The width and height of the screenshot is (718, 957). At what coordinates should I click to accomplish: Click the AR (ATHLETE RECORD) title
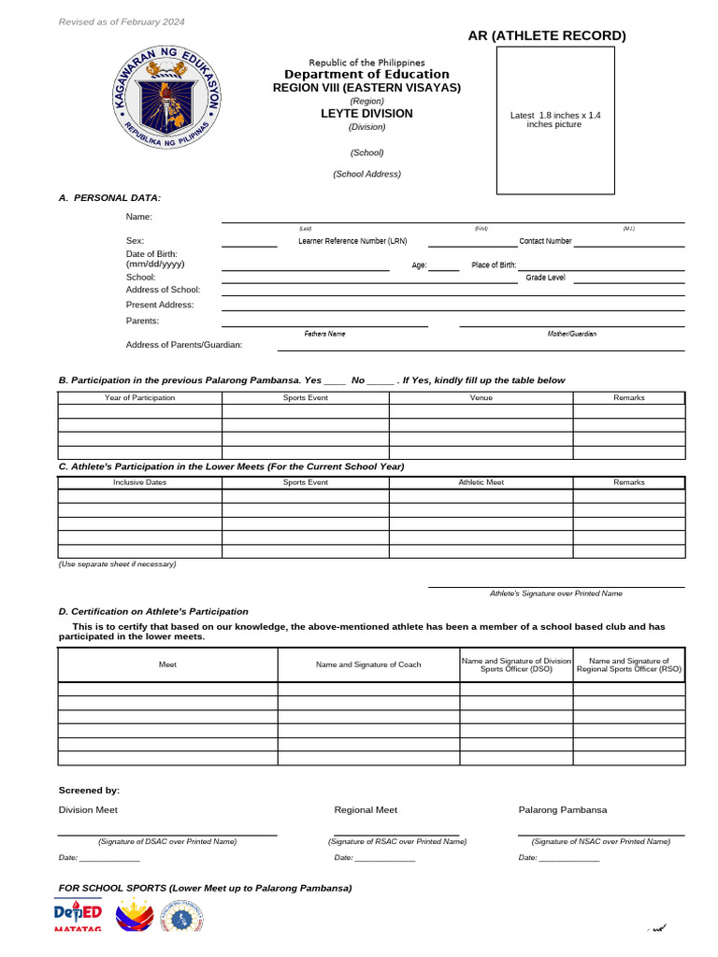547,36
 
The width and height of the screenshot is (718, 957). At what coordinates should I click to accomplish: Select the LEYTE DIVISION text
366,113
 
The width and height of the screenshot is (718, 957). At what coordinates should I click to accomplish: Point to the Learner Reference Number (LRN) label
352,241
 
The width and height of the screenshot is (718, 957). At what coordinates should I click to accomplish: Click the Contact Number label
545,241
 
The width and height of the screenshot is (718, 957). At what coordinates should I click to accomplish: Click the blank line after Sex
250,245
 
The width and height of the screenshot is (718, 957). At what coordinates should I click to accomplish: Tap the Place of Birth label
494,265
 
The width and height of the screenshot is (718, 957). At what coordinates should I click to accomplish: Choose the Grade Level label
545,278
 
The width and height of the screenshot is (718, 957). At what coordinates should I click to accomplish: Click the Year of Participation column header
139,398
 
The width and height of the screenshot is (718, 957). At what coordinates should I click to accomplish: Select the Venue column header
481,398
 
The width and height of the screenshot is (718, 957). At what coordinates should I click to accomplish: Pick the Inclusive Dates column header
139,483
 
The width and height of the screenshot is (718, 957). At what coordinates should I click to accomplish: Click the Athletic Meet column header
481,483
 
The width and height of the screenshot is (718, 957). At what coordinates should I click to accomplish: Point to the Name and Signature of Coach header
368,664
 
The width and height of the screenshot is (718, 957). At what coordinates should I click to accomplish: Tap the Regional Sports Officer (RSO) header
629,664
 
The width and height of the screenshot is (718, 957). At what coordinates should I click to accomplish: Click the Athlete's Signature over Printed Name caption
556,593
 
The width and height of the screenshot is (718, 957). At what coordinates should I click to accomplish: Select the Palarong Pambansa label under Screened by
563,810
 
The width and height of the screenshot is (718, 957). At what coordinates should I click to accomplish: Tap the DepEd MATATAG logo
78,917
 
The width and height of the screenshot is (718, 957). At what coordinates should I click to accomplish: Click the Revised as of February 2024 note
122,21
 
